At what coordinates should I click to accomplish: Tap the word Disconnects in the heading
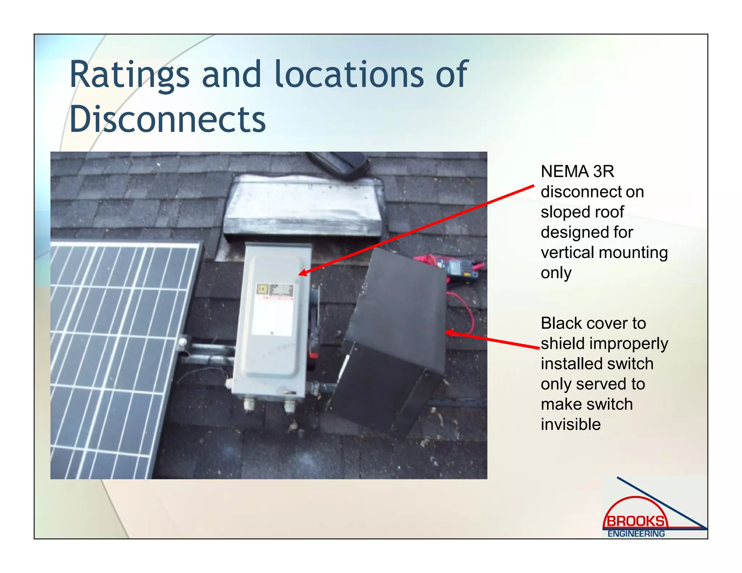[167, 120]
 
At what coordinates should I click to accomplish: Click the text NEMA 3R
[577, 171]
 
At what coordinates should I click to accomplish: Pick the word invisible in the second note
[571, 424]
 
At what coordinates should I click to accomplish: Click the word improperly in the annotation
[629, 344]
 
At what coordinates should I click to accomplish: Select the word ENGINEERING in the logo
[636, 534]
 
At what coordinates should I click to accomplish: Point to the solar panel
[120, 359]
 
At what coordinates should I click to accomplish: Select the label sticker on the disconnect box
[273, 310]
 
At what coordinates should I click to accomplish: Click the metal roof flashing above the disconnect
[303, 206]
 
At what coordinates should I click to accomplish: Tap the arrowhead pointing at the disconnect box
[302, 272]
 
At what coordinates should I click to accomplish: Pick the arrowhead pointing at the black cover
[449, 332]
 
